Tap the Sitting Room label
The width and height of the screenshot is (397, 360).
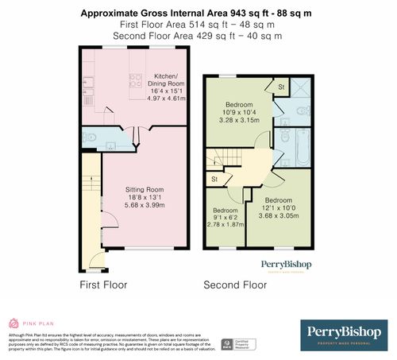pyautogui.click(x=145, y=189)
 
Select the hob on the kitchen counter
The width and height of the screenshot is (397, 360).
pyautogui.click(x=136, y=79)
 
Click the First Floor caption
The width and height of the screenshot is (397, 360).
pyautogui.click(x=102, y=284)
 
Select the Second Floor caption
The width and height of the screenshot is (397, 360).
pyautogui.click(x=235, y=284)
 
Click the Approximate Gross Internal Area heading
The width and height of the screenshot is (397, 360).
pyautogui.click(x=198, y=14)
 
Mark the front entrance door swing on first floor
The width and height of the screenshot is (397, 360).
pyautogui.click(x=96, y=258)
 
